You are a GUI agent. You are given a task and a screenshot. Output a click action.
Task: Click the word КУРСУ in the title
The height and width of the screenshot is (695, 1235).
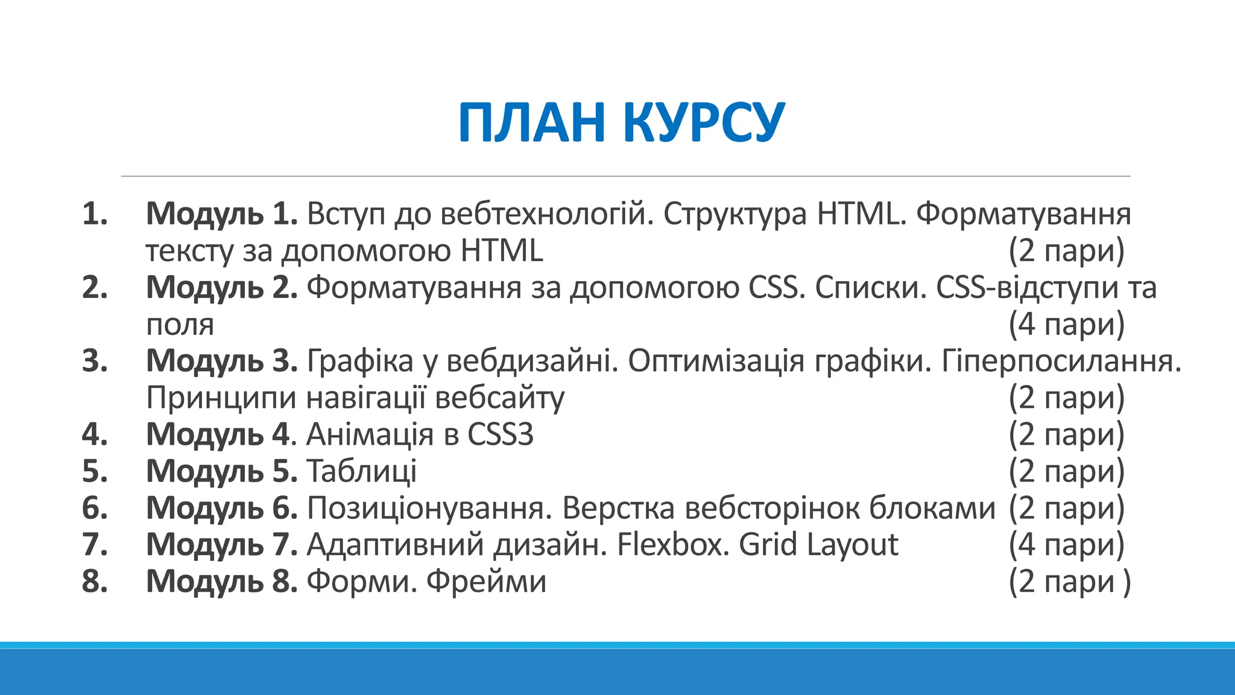704,122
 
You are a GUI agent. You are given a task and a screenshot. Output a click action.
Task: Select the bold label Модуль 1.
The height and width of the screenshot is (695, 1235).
221,214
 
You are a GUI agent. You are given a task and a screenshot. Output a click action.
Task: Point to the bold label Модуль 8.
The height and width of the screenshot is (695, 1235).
221,582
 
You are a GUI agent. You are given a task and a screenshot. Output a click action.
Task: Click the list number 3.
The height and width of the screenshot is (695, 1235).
95,361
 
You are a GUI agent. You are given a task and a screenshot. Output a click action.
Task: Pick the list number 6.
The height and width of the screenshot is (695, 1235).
95,508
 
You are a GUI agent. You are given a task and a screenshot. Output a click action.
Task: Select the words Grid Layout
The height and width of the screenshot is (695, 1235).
818,545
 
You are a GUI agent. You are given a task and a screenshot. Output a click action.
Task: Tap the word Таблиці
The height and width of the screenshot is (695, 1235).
362,471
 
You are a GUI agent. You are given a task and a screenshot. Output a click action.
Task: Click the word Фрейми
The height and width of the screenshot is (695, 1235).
486,582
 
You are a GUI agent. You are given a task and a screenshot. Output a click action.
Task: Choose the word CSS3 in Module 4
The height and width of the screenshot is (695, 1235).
501,434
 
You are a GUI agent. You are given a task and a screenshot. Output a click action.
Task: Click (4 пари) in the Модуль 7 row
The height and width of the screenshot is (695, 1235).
1066,545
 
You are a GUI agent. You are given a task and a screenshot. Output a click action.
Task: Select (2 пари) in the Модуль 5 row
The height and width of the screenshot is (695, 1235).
1066,471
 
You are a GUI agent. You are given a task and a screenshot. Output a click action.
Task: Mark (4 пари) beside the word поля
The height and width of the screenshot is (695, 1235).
1066,324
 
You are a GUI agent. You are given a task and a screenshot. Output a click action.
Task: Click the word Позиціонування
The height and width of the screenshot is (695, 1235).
429,508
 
